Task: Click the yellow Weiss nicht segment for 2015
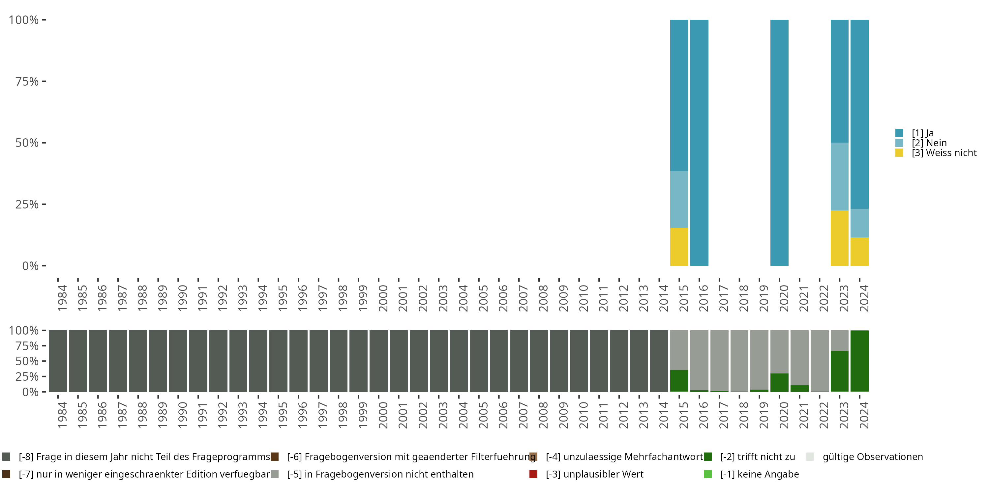point(679,247)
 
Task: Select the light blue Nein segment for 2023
point(839,177)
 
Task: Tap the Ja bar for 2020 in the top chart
point(779,142)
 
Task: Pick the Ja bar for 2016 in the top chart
point(699,142)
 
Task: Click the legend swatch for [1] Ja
point(899,133)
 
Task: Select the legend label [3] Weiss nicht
point(944,153)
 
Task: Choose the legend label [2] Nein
point(929,143)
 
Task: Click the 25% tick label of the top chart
point(27,204)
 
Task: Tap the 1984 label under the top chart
point(62,298)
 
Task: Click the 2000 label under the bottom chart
point(383,415)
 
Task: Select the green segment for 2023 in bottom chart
point(839,371)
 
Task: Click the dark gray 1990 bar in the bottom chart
point(178,361)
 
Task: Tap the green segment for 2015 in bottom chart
point(679,380)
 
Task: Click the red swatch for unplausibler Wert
point(533,474)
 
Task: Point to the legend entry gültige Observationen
point(872,457)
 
